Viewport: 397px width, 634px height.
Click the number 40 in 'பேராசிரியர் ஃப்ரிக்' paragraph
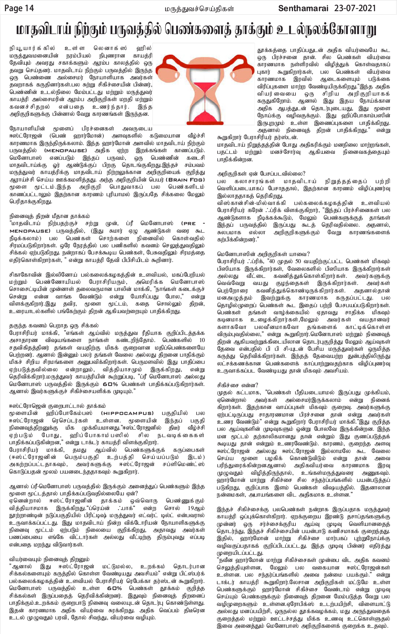(x=271, y=262)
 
